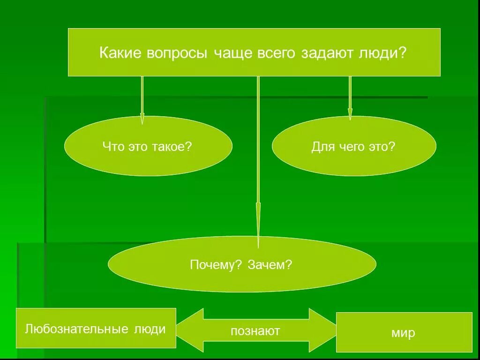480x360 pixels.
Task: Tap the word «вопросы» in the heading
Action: tap(176, 52)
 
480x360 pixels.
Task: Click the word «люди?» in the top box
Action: tap(384, 53)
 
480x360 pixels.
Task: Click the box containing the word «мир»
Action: tap(404, 332)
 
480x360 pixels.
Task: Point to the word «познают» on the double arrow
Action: tap(255, 331)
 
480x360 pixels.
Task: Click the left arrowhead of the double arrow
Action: tap(190, 330)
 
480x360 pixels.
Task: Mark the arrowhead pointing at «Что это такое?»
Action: tap(142, 118)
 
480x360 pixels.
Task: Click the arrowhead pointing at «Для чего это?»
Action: tap(350, 114)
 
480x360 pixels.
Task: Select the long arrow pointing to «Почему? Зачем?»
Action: tap(258, 187)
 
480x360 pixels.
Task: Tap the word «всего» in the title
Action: tap(276, 53)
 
